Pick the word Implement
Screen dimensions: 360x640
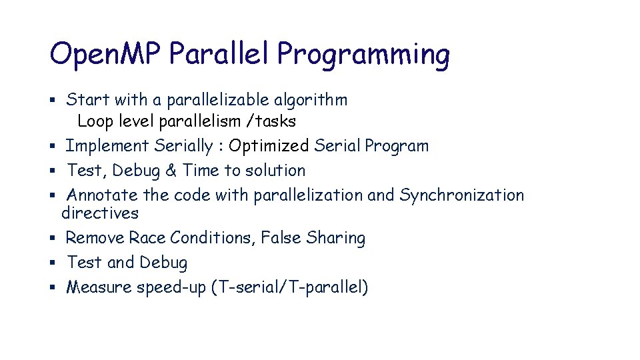point(107,146)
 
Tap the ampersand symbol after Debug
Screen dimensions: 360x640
point(171,171)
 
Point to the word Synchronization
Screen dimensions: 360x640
point(461,195)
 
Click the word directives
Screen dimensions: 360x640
point(100,213)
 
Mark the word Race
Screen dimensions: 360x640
point(147,238)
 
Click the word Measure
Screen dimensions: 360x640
point(99,287)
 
